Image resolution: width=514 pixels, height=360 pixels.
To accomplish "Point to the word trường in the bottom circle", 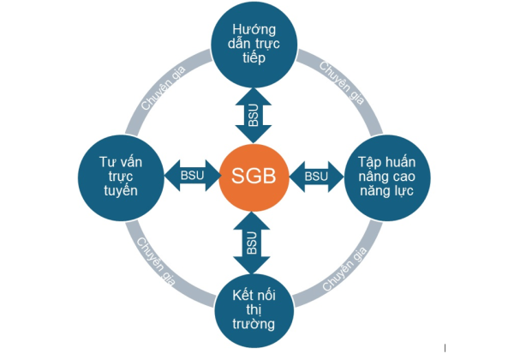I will [x=254, y=324].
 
